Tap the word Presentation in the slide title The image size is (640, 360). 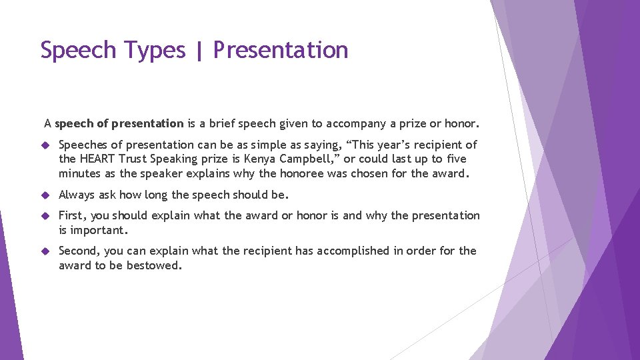coord(281,51)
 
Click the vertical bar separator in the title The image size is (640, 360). coord(199,51)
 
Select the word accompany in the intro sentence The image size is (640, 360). coord(353,123)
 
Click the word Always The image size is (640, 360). coord(77,195)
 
